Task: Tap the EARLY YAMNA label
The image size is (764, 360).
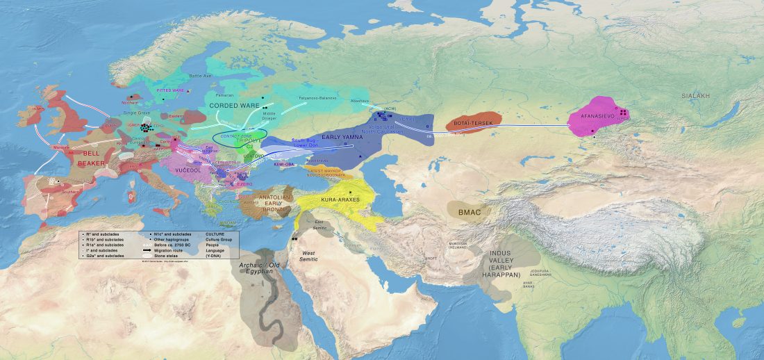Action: click(x=342, y=137)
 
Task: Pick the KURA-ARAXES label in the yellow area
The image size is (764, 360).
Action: click(x=339, y=201)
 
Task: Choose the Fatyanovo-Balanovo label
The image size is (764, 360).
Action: click(x=317, y=98)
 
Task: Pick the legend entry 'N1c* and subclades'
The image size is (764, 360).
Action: click(x=172, y=234)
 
